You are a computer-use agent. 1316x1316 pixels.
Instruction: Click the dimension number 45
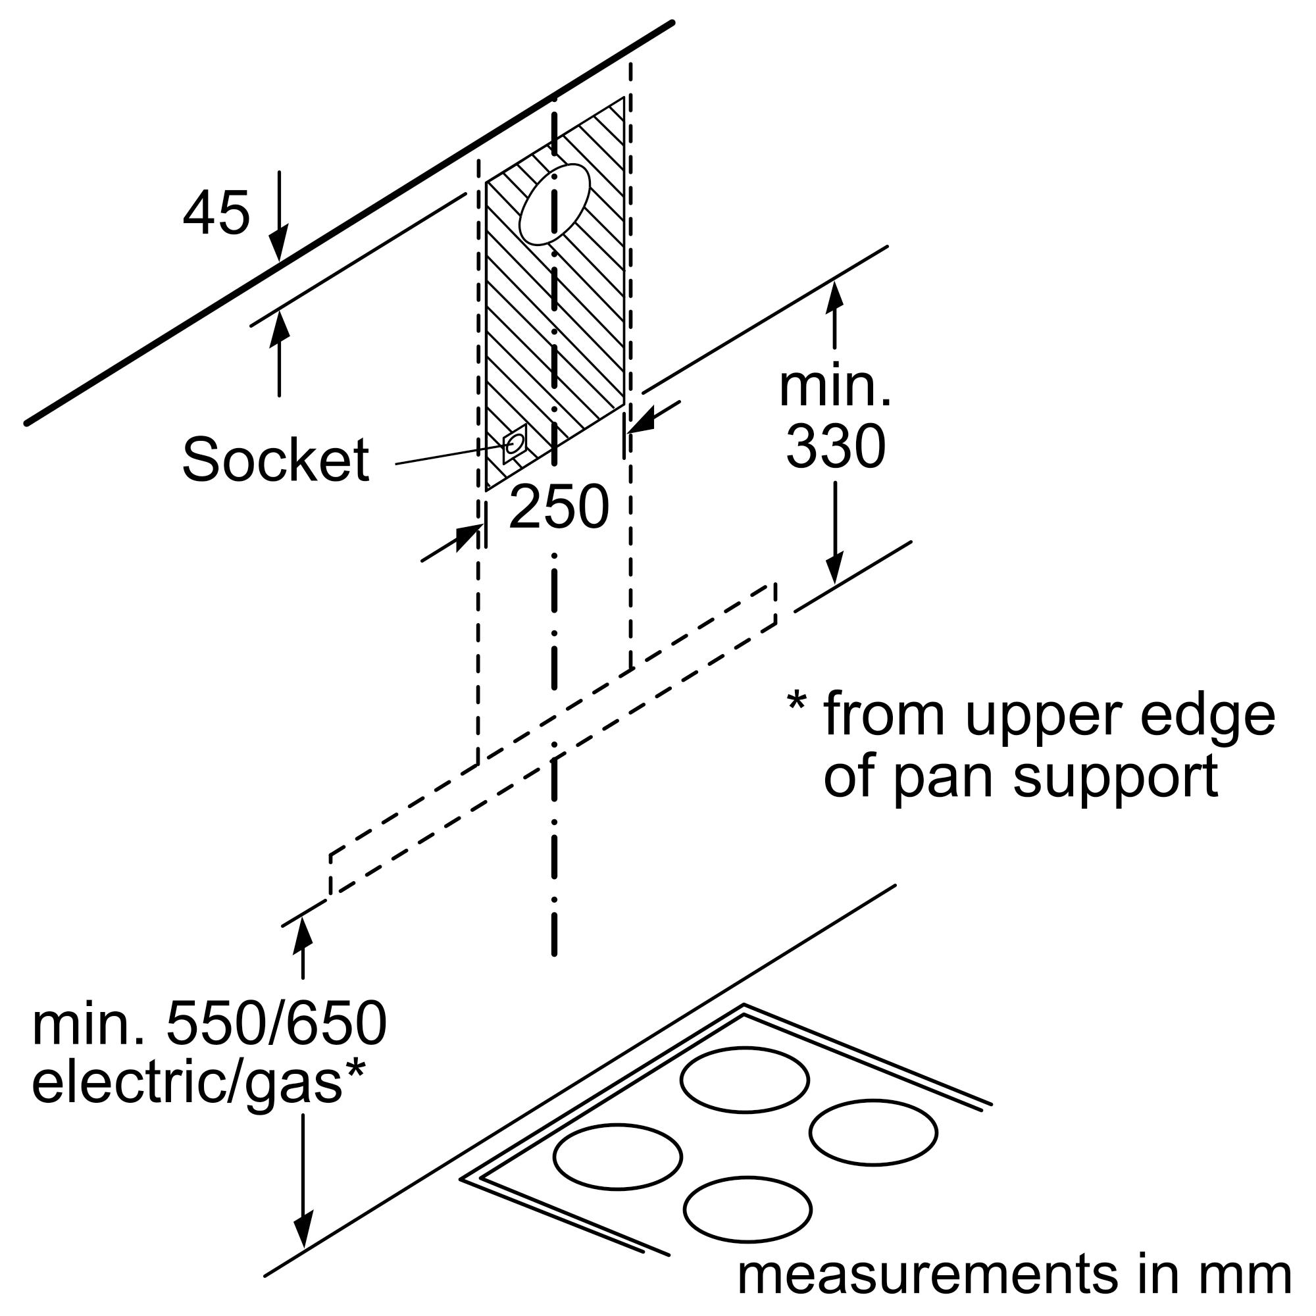tap(216, 213)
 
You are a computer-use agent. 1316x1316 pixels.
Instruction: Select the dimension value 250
tap(558, 507)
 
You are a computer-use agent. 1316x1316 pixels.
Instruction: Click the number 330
tap(835, 447)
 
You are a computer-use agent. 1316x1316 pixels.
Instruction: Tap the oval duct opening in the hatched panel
tap(554, 205)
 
